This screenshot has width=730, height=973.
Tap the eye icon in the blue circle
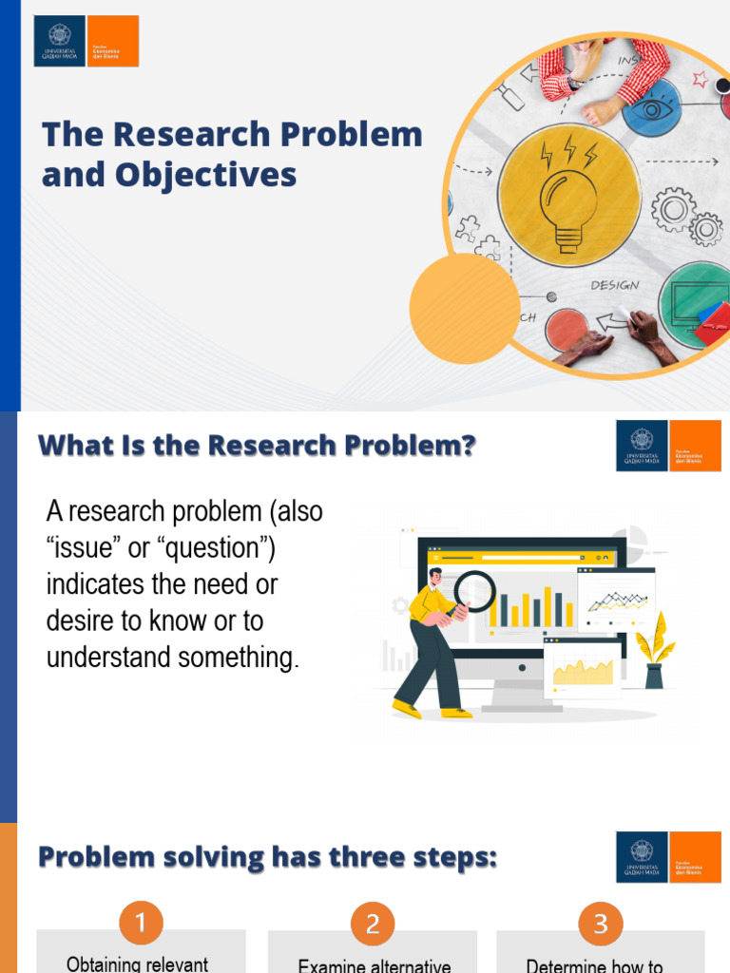coord(653,108)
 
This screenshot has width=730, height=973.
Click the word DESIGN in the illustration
coord(615,285)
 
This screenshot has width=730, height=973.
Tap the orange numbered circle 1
coord(141,923)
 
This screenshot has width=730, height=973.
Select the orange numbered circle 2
coord(373,923)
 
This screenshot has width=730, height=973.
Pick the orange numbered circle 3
coord(600,923)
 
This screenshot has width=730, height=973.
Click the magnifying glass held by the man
coord(473,591)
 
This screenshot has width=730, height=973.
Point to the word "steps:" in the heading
coord(452,858)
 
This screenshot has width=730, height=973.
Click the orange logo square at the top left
coord(112,41)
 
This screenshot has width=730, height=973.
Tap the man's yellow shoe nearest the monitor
coord(456,712)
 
